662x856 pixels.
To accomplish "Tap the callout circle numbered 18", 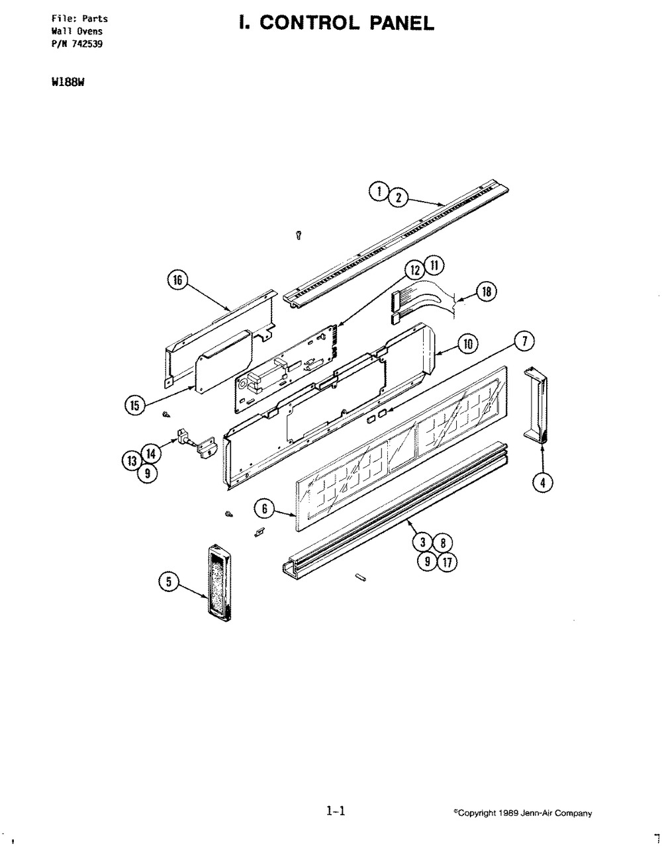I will click(x=485, y=292).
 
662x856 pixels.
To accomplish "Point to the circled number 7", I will click(x=524, y=341).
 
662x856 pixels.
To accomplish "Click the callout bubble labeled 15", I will click(x=134, y=406).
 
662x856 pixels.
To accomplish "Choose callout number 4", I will click(x=543, y=483).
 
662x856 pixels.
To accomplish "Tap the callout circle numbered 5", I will click(x=169, y=581).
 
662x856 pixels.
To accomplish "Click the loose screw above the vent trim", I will click(x=299, y=235).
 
